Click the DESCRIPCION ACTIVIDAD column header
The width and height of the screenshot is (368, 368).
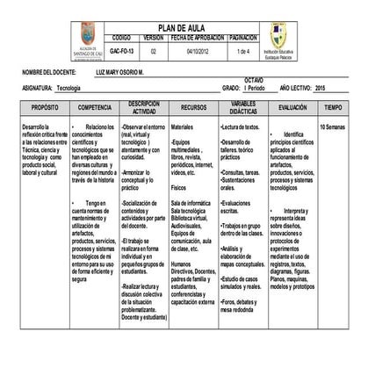click(x=144, y=106)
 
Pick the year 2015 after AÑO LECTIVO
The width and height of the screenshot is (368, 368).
click(x=320, y=89)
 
